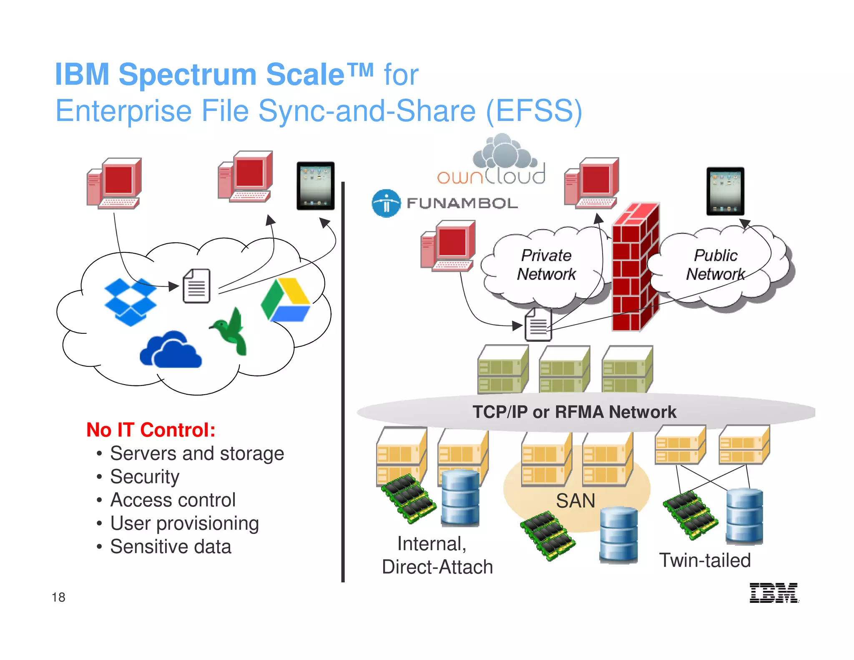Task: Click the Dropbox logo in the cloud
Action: pos(131,302)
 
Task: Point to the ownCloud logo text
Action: pos(491,176)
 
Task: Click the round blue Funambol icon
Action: pos(386,204)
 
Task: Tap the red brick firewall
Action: pos(635,267)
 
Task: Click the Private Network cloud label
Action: pos(546,265)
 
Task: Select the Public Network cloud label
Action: pos(716,265)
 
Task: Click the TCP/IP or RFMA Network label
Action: pos(574,412)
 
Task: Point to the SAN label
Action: pos(575,501)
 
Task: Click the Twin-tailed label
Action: pos(705,560)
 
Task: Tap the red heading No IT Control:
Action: pos(151,430)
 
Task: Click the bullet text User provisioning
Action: pos(184,523)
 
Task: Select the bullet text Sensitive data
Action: pos(171,547)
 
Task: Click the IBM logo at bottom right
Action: pos(774,593)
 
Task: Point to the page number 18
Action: pos(58,597)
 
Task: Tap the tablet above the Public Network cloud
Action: pos(725,191)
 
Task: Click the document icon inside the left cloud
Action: pos(196,286)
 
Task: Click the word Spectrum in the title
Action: pos(187,74)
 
